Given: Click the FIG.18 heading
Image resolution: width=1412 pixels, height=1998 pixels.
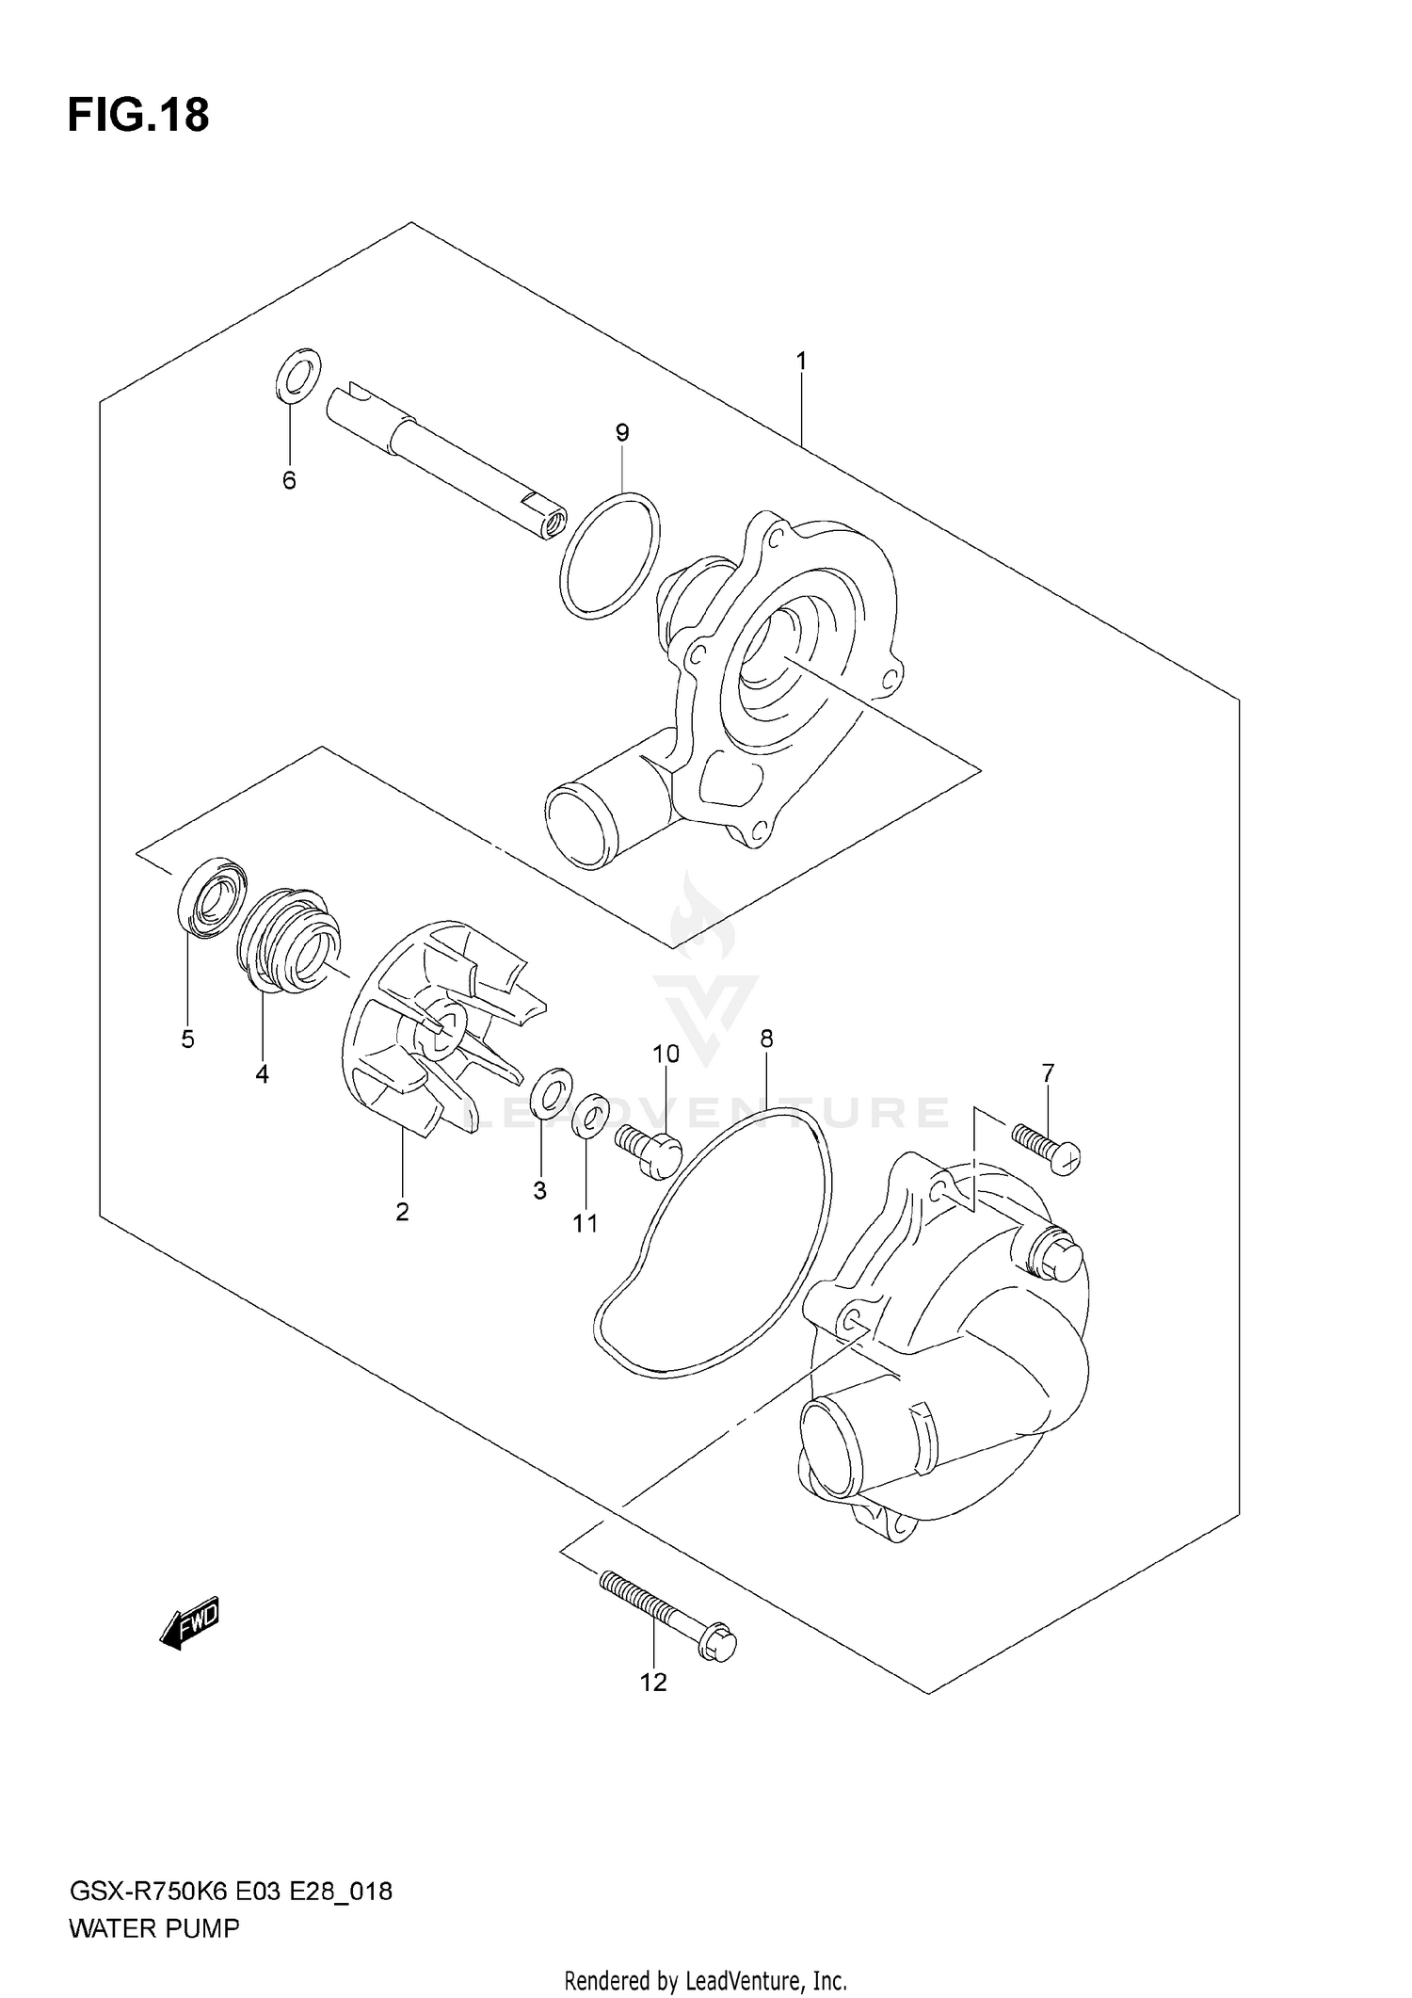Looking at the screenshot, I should (x=138, y=116).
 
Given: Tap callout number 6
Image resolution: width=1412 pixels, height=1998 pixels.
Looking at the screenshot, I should (x=289, y=481).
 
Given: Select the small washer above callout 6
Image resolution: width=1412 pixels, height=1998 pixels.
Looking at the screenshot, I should (x=298, y=373).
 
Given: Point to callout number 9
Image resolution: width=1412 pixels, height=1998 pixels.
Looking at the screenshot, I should (x=621, y=433).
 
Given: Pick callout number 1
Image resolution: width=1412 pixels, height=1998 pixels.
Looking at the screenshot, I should (x=801, y=361).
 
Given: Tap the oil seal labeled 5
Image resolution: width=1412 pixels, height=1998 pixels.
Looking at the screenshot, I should (x=214, y=896).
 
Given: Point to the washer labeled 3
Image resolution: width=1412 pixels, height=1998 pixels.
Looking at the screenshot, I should (x=550, y=1090).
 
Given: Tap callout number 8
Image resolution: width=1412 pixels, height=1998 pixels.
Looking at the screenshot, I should (x=766, y=1039).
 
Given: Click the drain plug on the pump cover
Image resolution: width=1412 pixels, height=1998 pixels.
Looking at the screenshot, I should (x=1055, y=1258).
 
